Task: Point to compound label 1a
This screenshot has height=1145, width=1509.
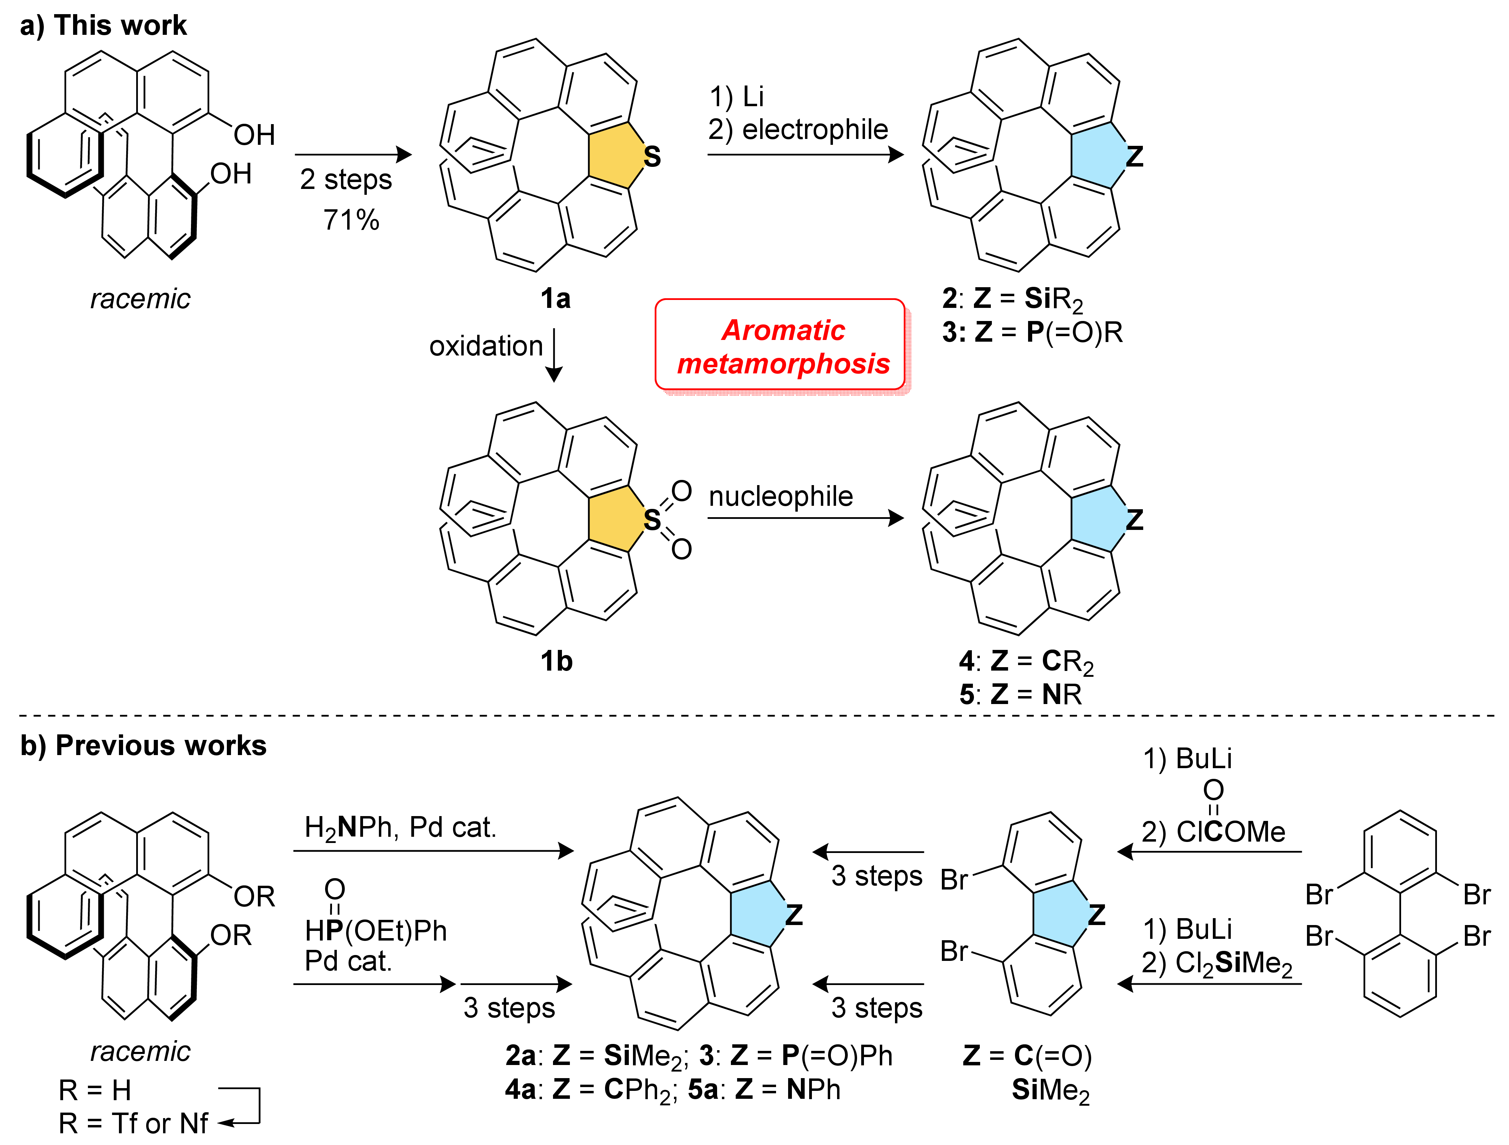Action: click(x=555, y=299)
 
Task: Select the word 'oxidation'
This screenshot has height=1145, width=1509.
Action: click(x=486, y=346)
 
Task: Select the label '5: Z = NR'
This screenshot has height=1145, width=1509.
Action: click(x=1020, y=695)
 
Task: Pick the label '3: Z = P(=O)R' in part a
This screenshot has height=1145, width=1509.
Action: click(x=1032, y=332)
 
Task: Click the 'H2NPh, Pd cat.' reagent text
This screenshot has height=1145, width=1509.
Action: click(x=400, y=828)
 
